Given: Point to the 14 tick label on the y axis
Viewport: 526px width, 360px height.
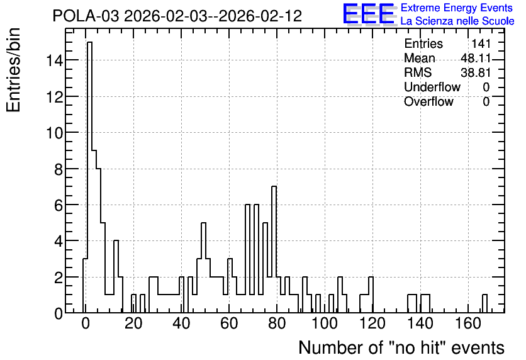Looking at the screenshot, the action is coord(54,60).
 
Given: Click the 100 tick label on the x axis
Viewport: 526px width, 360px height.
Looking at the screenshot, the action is coord(325,323).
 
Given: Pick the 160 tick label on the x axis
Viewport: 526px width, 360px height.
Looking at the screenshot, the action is coord(468,323).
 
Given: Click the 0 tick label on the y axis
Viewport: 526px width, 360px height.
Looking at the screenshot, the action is coord(59,313).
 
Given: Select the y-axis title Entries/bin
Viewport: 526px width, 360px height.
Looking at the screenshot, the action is coord(14,70).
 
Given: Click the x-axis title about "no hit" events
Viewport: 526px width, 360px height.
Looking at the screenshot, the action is coord(401,347).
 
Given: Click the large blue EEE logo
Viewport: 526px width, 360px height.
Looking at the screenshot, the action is coord(369,14).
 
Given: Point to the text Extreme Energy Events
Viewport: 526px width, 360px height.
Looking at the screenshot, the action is coord(457,8).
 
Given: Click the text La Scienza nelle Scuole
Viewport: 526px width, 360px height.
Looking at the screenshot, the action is coord(457,21).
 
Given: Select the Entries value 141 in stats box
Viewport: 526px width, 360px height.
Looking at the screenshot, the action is coord(481,43).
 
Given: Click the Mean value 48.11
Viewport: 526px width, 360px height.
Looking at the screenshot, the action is coord(475,58).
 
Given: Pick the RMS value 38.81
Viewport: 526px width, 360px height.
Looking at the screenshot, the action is coord(475,72).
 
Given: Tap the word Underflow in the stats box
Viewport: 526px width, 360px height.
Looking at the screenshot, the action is coord(432,87).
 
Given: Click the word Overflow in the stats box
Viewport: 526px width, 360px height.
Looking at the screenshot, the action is coord(428,101).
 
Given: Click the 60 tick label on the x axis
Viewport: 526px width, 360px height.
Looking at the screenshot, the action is coord(229,323).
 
